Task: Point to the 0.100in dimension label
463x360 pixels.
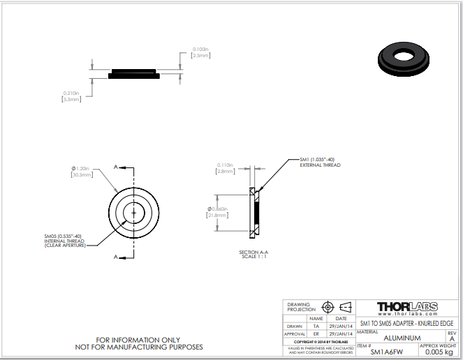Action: point(200,49)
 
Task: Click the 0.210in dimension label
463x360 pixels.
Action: point(71,93)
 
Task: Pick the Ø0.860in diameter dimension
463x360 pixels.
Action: point(219,210)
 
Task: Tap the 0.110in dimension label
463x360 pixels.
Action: point(225,165)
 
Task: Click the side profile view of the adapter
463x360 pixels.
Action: point(135,73)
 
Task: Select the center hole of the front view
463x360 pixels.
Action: point(133,211)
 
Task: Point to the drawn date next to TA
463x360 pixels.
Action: point(341,325)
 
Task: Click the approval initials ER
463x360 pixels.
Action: point(316,333)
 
